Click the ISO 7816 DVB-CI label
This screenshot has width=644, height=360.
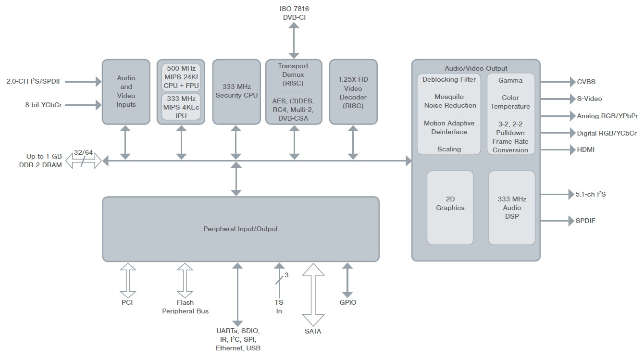tap(294, 13)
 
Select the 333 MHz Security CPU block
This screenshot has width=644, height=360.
tap(236, 92)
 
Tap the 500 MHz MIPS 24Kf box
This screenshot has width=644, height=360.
tap(181, 77)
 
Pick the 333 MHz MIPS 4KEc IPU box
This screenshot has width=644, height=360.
tap(181, 107)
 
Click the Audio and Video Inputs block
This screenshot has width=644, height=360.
tap(126, 92)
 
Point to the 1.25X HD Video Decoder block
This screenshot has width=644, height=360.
tap(353, 92)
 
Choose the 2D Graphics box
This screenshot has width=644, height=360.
tap(450, 208)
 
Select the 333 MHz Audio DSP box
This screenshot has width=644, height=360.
tap(512, 208)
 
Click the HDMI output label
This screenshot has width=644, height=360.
tap(585, 149)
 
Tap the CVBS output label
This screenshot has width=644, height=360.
tap(586, 82)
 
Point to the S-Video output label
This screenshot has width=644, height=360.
tap(589, 99)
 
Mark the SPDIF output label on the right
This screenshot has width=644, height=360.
tap(585, 221)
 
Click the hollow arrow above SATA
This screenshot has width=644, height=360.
tap(313, 295)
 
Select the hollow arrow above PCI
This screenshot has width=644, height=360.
tap(128, 281)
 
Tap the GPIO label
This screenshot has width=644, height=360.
tap(347, 302)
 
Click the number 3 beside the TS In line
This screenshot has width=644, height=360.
tap(286, 275)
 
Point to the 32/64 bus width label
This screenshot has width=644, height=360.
tap(83, 152)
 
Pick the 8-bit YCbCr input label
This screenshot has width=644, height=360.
tap(43, 105)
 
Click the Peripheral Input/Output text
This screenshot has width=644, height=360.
tap(241, 229)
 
